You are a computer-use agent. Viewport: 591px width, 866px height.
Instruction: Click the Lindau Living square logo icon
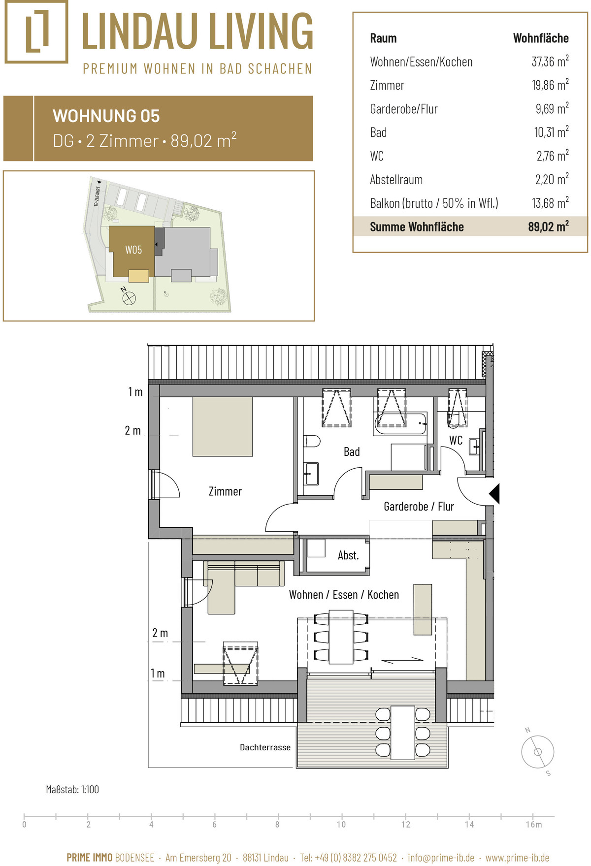[x=36, y=32]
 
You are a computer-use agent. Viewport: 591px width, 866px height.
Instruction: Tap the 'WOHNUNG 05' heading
[x=106, y=116]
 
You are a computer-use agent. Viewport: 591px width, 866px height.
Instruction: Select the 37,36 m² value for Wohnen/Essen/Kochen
[x=550, y=62]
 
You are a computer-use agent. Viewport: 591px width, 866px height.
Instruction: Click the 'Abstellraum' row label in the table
[x=396, y=180]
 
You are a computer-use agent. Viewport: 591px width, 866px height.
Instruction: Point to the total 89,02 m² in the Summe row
[x=548, y=226]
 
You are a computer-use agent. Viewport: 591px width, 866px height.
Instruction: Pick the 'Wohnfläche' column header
[x=541, y=38]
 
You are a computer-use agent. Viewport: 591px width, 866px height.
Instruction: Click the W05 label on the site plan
[x=133, y=250]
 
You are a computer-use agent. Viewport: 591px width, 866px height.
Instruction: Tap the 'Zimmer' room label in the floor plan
[x=225, y=491]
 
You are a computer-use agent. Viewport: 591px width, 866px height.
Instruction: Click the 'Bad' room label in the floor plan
[x=352, y=452]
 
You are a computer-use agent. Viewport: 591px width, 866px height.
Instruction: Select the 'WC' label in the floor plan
[x=456, y=440]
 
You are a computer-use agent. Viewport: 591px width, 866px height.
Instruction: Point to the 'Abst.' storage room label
[x=348, y=555]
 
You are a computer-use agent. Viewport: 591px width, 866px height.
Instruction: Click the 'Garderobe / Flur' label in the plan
[x=419, y=507]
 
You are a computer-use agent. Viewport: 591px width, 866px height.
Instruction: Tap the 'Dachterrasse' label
[x=265, y=747]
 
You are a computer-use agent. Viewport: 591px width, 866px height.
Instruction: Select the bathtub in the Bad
[x=401, y=424]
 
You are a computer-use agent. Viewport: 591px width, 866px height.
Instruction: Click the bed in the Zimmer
[x=223, y=426]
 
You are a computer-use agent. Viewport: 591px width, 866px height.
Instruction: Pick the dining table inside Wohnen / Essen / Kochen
[x=341, y=637]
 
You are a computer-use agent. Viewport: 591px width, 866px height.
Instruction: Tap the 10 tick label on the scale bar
[x=341, y=825]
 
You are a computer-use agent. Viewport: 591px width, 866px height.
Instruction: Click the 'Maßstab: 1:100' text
[x=72, y=790]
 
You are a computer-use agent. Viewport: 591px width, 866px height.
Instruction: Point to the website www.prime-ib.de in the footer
[x=518, y=858]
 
